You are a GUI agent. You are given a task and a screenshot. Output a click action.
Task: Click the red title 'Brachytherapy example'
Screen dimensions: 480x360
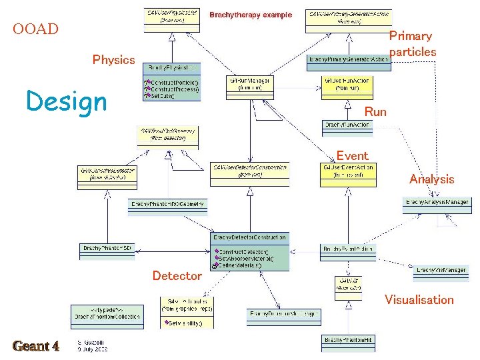tap(251, 15)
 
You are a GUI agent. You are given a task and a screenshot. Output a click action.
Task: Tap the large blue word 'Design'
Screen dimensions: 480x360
tap(66, 102)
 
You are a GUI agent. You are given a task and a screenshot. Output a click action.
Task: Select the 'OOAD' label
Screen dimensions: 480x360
tap(36, 29)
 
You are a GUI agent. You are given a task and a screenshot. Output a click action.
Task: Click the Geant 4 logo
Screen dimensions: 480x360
tap(36, 346)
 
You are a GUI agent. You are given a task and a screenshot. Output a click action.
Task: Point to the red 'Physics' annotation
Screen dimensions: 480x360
tap(113, 60)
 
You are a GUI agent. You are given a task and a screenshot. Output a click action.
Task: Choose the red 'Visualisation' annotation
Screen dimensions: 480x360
tap(419, 300)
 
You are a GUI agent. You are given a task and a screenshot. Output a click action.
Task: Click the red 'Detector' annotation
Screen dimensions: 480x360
tap(177, 276)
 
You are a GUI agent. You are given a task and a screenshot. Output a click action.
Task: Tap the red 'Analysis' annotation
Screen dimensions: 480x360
tap(431, 179)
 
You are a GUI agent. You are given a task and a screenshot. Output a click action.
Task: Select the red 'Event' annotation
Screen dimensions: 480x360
tap(352, 156)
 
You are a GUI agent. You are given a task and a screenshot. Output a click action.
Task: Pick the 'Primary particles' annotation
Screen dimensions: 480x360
tap(412, 44)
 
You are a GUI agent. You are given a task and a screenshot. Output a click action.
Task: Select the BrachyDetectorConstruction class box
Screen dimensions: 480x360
tap(250, 251)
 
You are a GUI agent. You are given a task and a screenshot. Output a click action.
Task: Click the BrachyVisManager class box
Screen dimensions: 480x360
tap(441, 270)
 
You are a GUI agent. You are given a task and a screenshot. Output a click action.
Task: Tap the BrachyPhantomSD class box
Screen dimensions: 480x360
tap(107, 249)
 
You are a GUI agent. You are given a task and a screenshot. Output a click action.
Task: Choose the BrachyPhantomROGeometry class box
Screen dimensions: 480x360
tap(167, 204)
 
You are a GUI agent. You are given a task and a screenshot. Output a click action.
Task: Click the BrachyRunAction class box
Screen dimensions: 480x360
tap(347, 125)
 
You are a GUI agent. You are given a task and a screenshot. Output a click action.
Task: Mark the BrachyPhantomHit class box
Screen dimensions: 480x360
tap(349, 339)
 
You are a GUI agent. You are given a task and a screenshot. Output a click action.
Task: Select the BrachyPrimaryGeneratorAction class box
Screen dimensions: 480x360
tap(348, 59)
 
